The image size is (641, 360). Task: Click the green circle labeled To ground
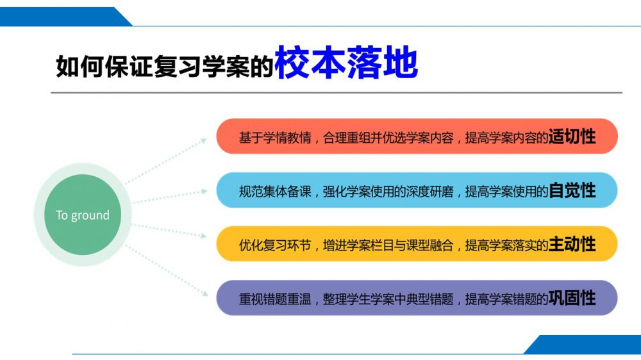click(83, 215)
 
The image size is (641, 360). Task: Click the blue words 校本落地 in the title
click(347, 63)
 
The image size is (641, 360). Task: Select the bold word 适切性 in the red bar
click(572, 136)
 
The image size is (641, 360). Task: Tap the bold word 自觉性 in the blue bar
click(572, 190)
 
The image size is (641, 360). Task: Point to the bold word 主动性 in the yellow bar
click(572, 244)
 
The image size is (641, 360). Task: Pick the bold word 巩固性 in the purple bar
click(572, 298)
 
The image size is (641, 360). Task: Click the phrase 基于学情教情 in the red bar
click(275, 138)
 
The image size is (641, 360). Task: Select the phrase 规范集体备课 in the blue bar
click(275, 192)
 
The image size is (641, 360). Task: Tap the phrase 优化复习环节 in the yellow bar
click(275, 245)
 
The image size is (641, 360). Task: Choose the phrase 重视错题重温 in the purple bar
click(275, 299)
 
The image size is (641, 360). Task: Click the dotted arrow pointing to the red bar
click(166, 161)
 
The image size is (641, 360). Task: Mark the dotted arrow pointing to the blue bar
click(170, 197)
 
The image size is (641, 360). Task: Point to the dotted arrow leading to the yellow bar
click(169, 231)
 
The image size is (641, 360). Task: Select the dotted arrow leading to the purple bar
click(167, 270)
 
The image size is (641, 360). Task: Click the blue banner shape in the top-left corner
click(65, 17)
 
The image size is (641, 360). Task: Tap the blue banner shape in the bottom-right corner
click(582, 345)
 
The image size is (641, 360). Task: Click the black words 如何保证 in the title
click(104, 66)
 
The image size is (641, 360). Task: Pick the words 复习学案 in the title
click(201, 66)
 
